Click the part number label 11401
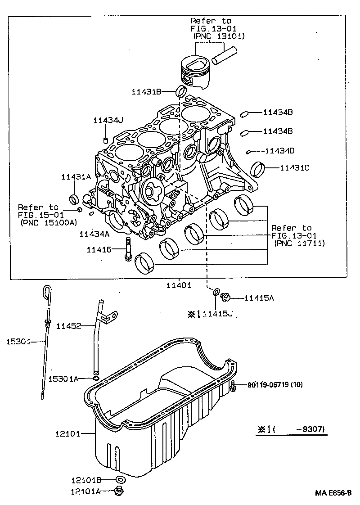point(179,285)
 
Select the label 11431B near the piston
point(146,92)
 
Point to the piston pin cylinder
point(225,55)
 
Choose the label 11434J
point(108,120)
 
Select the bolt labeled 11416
point(128,249)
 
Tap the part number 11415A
point(259,298)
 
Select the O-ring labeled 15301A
point(96,379)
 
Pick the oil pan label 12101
point(67,434)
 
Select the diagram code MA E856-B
point(333,493)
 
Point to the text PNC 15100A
point(49,222)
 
